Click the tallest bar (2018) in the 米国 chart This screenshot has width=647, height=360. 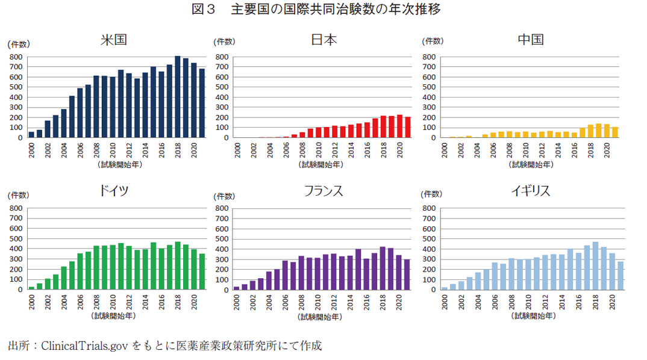178,97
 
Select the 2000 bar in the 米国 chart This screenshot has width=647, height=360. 31,134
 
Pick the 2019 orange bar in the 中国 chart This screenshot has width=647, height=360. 598,131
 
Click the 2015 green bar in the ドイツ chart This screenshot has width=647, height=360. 154,265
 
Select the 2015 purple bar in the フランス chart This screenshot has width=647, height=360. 358,269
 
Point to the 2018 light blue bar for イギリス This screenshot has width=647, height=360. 595,265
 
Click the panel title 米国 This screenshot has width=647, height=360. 114,40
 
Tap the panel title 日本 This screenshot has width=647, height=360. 323,40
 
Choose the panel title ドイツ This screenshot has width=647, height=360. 113,191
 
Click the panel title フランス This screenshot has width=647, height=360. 323,191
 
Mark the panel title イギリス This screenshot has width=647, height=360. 530,191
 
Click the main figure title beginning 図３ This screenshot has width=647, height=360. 323,10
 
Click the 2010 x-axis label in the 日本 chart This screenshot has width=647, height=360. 319,148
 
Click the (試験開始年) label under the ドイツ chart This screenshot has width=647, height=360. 113,315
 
